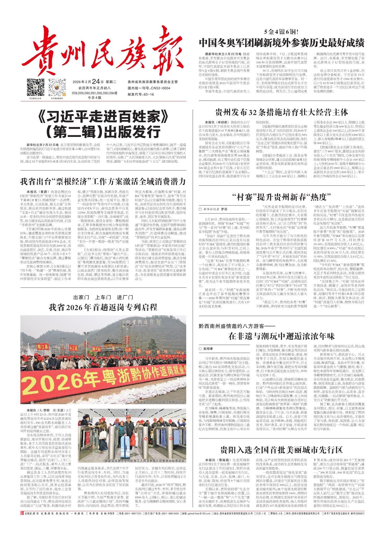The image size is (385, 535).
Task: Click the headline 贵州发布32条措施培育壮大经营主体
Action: [x=281, y=112]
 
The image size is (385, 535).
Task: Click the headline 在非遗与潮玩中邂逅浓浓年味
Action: [x=281, y=336]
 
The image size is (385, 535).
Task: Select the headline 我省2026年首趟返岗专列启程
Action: [x=103, y=307]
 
